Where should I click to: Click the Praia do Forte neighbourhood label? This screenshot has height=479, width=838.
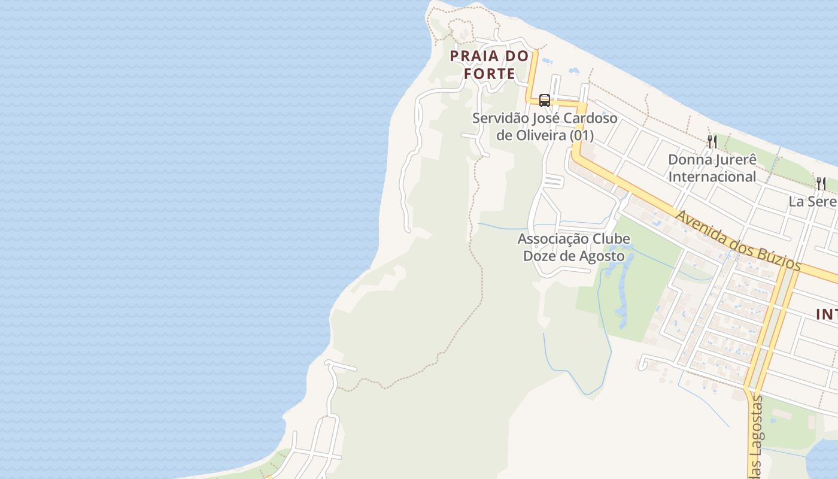(490, 65)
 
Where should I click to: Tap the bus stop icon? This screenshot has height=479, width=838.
(544, 100)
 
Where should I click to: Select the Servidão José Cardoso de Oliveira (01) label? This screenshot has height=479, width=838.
(545, 126)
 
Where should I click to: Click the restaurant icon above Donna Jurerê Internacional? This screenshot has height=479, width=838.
(712, 141)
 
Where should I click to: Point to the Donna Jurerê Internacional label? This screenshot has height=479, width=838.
(712, 168)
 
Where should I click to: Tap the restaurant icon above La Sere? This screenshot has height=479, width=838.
(821, 183)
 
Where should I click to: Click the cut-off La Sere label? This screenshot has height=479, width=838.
(812, 201)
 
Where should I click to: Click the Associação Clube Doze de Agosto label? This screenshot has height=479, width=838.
(573, 247)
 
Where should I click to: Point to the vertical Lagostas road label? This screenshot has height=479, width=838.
(757, 436)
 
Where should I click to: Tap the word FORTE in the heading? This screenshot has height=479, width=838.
(490, 74)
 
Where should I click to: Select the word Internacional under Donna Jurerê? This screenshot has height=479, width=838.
(712, 177)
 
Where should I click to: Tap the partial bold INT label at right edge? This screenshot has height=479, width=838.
(827, 314)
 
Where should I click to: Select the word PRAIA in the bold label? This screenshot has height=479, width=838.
(473, 56)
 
